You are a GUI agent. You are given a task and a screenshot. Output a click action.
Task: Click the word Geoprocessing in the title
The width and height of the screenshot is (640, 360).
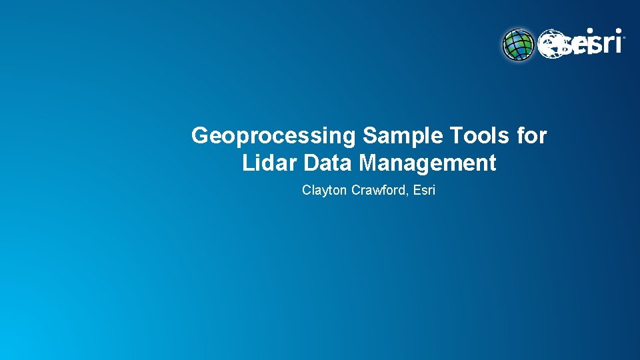click(274, 136)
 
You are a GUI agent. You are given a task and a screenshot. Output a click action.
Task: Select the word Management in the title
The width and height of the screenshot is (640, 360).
click(427, 163)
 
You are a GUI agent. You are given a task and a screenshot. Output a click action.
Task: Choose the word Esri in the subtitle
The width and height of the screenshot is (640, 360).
click(425, 191)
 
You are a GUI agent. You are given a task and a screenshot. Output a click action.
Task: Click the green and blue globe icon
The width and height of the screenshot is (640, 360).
click(519, 45)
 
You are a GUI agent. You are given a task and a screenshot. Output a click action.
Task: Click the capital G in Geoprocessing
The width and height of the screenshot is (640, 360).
click(199, 136)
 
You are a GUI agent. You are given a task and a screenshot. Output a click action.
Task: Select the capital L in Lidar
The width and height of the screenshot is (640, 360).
click(247, 163)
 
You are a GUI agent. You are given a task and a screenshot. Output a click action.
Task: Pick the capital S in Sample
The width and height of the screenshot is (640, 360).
click(370, 136)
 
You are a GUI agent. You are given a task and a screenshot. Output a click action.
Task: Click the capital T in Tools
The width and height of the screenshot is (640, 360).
click(455, 136)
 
